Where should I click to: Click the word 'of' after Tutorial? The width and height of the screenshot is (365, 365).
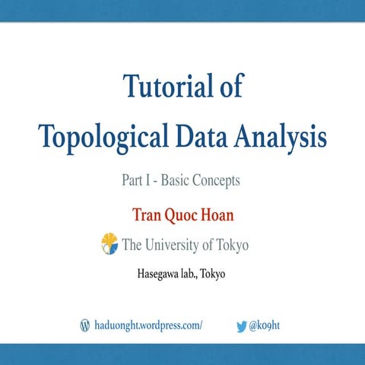pos(226,86)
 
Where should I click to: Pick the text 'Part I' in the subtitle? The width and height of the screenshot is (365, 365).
pos(136,181)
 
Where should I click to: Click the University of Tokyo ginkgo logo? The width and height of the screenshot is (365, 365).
pos(109,244)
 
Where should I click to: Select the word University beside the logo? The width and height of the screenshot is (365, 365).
pos(172,245)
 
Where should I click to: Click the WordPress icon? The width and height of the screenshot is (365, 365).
pos(85,325)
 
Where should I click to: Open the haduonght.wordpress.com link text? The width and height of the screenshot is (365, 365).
pos(148,325)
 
